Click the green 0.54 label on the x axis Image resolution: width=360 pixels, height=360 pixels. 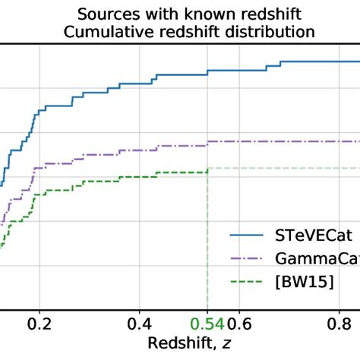pyautogui.click(x=207, y=321)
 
